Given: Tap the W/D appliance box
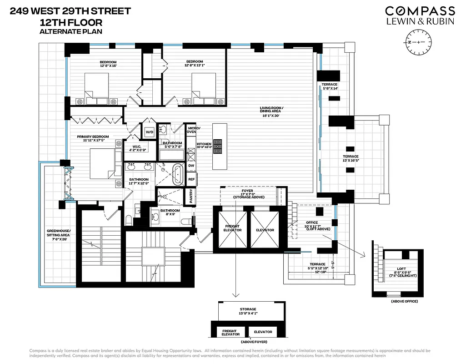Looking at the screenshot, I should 149,132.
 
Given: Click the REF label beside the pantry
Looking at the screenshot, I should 191,179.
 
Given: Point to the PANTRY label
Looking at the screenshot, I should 191,196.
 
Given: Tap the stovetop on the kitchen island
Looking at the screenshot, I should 219,147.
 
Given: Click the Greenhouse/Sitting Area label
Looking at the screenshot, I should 56,235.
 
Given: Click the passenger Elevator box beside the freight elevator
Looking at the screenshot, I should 265,230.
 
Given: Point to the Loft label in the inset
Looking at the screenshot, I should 400,271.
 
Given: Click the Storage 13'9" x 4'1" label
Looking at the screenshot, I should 248,312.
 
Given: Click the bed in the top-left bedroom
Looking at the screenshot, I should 96,87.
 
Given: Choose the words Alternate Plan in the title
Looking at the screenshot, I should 70,31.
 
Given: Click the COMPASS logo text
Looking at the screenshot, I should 420,11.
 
